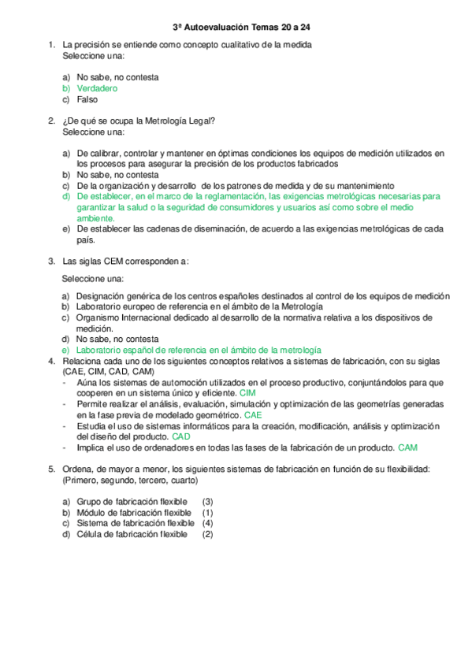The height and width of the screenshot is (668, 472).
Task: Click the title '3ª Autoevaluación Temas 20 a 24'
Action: click(235, 28)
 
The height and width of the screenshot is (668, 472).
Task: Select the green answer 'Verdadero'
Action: click(97, 89)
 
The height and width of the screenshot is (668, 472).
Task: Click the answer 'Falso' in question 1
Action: click(87, 100)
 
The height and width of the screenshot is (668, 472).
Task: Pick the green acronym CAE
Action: click(254, 414)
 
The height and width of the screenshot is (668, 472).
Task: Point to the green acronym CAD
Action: click(181, 436)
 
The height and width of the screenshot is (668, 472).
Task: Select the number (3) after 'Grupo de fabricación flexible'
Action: click(208, 501)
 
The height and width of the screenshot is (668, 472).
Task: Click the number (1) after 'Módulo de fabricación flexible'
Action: click(208, 512)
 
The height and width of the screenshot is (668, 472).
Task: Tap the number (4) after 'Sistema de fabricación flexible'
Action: click(208, 523)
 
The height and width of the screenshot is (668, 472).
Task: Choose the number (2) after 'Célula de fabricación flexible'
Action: click(208, 534)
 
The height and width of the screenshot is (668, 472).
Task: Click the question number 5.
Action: click(51, 469)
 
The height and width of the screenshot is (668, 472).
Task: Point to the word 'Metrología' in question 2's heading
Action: click(163, 121)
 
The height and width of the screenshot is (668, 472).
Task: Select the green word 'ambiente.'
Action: click(96, 218)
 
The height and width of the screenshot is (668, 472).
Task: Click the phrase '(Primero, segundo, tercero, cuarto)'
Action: click(130, 480)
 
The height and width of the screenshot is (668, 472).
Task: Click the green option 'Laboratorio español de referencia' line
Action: click(199, 350)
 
